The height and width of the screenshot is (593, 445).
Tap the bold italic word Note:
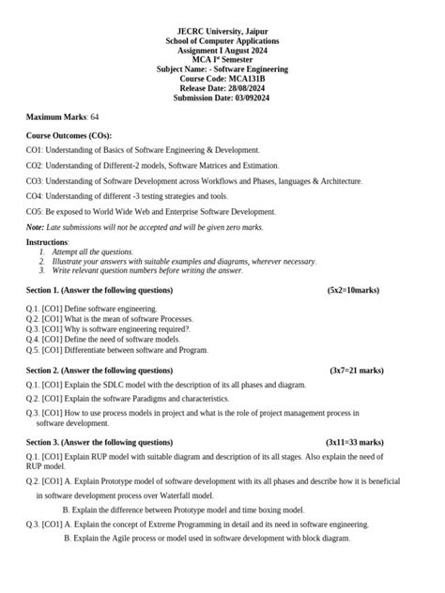tap(35, 227)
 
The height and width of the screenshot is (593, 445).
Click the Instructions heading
tap(47, 242)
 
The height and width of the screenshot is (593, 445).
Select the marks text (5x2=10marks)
tap(354, 290)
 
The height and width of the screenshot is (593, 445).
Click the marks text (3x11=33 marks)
tap(355, 441)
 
